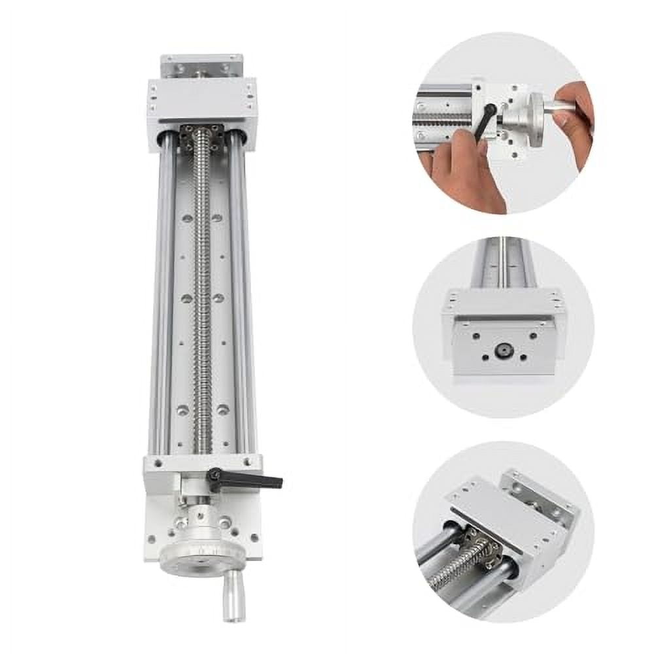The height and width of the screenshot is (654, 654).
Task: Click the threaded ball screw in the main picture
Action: click(x=203, y=294)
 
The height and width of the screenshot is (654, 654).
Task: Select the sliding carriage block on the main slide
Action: click(x=201, y=104)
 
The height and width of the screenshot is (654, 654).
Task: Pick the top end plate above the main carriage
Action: click(x=201, y=65)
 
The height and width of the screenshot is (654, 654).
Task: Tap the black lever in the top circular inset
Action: click(x=485, y=121)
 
